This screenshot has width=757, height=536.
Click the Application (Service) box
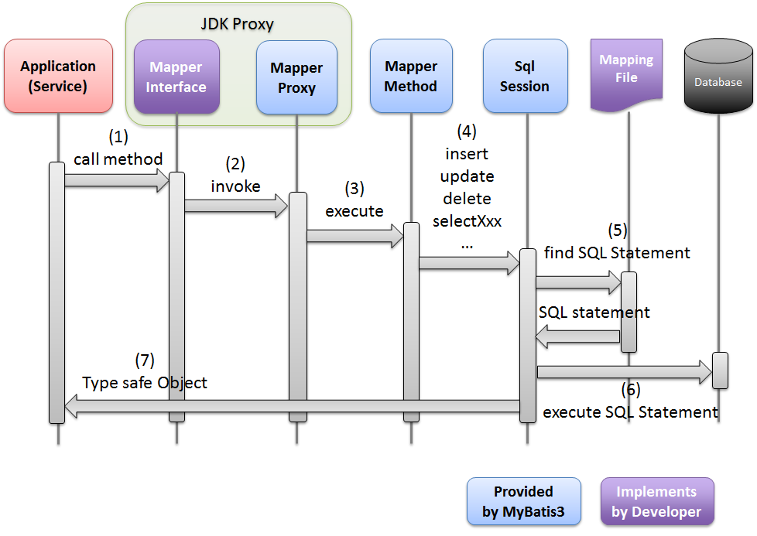[58, 77]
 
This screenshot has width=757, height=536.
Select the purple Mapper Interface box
[176, 77]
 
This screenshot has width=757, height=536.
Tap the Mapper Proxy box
[296, 77]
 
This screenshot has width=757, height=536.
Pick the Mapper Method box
[410, 77]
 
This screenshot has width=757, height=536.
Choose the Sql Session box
[525, 77]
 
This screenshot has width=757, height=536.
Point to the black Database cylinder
[718, 77]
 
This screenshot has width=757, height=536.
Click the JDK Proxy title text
[237, 24]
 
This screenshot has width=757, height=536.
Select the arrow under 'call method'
[117, 181]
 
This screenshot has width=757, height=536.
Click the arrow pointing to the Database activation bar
[624, 373]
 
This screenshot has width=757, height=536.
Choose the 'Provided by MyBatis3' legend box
[523, 501]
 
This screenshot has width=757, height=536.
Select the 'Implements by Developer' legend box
[656, 501]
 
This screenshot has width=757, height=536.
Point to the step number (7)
[145, 360]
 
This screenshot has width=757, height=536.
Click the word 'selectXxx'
[467, 221]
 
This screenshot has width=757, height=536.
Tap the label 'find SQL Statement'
[617, 253]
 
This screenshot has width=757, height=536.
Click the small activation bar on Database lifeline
[720, 370]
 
